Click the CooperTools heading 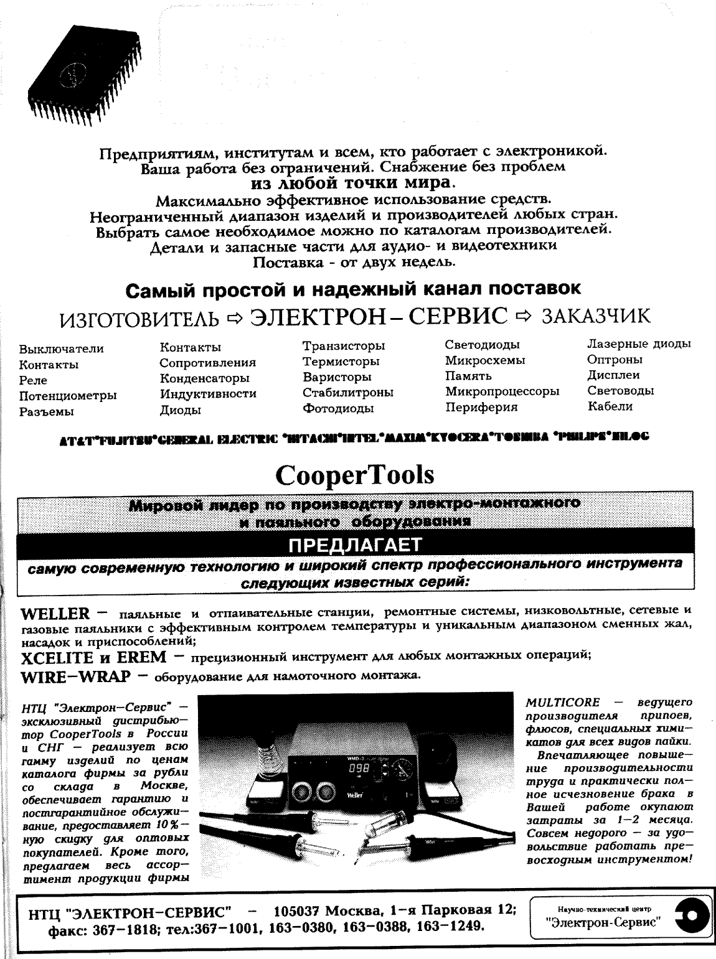pyautogui.click(x=354, y=475)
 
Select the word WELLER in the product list pyautogui.click(x=55, y=614)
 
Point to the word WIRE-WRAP pyautogui.click(x=75, y=676)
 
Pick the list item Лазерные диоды pyautogui.click(x=639, y=344)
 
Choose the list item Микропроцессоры pyautogui.click(x=502, y=391)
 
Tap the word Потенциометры pyautogui.click(x=68, y=396)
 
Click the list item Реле pyautogui.click(x=33, y=380)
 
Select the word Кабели pyautogui.click(x=610, y=406)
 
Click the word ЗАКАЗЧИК pyautogui.click(x=596, y=316)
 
